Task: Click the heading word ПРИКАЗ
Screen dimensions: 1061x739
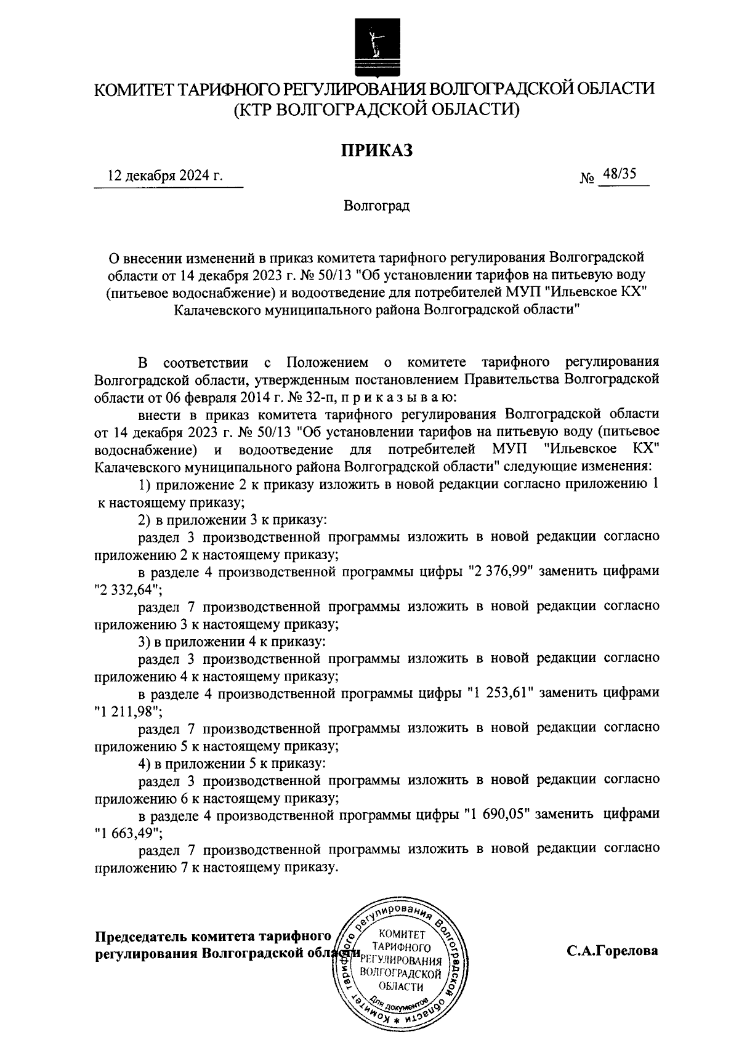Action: pyautogui.click(x=377, y=150)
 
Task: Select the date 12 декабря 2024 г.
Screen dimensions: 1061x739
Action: pyautogui.click(x=165, y=175)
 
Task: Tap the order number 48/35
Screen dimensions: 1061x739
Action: pyautogui.click(x=620, y=174)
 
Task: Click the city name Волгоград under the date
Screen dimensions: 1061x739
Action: pyautogui.click(x=376, y=205)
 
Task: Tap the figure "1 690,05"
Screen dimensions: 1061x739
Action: pyautogui.click(x=498, y=814)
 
